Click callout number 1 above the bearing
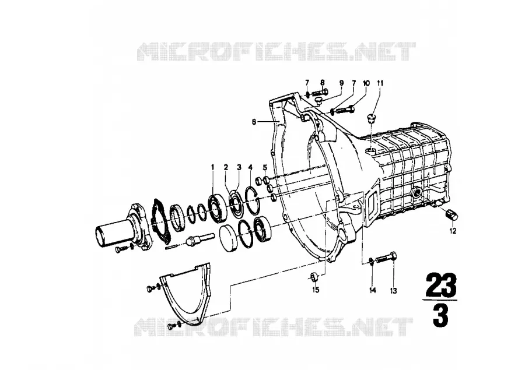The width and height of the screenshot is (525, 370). tap(212, 167)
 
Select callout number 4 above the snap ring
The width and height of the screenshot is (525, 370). tap(250, 167)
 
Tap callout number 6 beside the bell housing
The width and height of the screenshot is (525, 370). tap(254, 122)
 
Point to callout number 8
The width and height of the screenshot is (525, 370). tap(323, 83)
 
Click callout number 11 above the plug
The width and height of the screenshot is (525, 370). tap(380, 83)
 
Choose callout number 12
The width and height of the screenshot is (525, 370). tap(453, 231)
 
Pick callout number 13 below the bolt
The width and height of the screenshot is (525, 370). tap(393, 291)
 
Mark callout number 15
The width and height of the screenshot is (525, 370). tap(316, 290)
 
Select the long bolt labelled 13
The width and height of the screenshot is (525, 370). tap(387, 258)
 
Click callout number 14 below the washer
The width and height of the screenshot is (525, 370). tap(373, 290)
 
